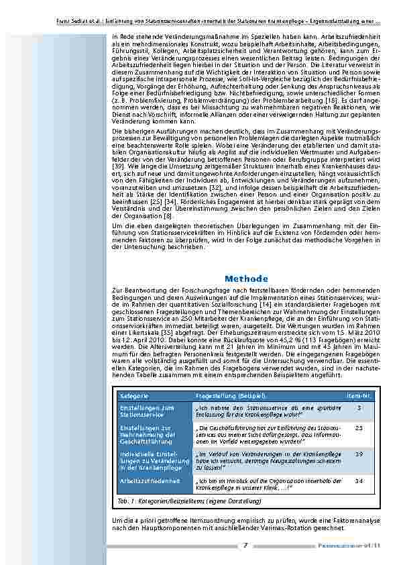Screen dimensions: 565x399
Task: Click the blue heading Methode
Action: (x=247, y=278)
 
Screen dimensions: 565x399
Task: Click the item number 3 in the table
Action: (x=359, y=408)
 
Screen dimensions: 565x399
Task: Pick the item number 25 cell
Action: (x=359, y=427)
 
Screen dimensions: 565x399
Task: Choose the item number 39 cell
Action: (x=359, y=454)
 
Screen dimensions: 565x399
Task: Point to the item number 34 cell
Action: (x=359, y=480)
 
